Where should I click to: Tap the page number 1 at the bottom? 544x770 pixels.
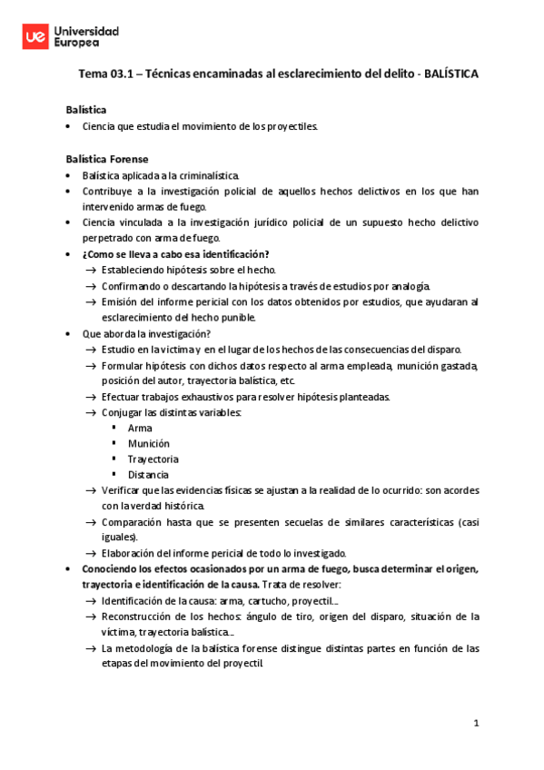475,723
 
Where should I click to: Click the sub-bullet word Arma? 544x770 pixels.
140,427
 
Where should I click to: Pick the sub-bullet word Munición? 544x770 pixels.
148,443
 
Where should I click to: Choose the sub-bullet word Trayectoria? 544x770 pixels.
153,459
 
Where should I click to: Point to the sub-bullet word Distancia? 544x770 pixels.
148,474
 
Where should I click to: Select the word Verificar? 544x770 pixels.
124,490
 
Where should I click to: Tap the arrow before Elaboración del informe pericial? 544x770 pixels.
91,553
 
